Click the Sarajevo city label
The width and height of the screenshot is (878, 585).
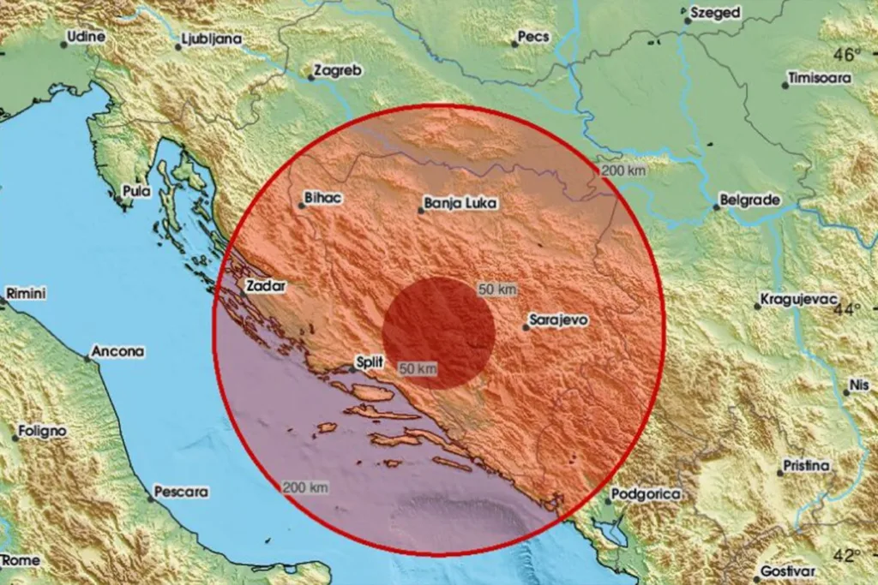(558, 319)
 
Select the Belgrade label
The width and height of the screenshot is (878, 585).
(752, 200)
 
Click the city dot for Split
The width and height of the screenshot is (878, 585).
(352, 370)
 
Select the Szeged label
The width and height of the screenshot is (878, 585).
(715, 13)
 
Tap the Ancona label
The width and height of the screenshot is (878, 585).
(118, 351)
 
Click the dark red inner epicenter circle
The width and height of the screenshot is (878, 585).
(438, 332)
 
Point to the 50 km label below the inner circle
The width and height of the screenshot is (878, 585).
(418, 368)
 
